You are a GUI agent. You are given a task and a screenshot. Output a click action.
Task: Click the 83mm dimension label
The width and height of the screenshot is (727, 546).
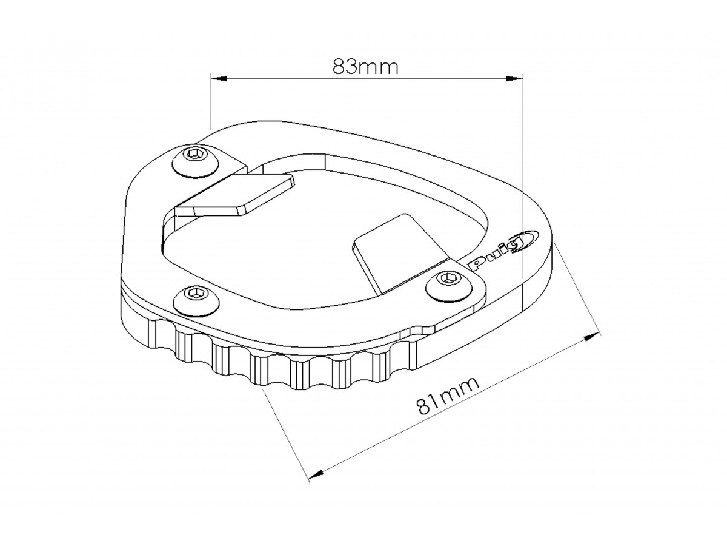[x=365, y=66]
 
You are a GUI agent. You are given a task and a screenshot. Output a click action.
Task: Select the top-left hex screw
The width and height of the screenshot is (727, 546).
[x=196, y=161]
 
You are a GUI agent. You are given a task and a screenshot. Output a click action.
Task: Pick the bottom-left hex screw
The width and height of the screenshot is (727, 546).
[x=197, y=299]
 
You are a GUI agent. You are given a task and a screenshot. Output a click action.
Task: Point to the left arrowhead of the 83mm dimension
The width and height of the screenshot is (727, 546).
[x=219, y=79]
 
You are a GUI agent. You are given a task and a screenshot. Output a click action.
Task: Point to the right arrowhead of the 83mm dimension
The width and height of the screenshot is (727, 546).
[x=515, y=79]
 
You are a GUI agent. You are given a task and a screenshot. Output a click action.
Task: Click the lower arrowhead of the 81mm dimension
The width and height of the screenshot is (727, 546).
[x=316, y=474]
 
